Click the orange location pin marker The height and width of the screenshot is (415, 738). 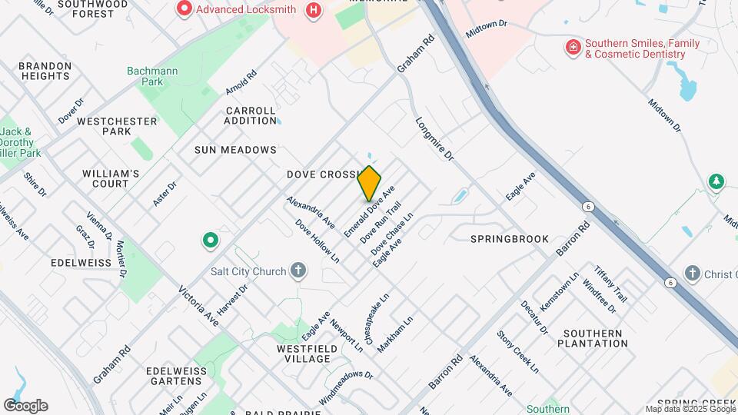point(370,183)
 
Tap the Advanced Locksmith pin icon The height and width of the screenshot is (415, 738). point(184,9)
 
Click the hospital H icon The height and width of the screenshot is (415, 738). point(313,10)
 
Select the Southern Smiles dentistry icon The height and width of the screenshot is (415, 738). point(573,48)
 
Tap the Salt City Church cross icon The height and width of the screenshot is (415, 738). point(298,271)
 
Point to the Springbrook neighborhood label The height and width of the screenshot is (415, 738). point(510,239)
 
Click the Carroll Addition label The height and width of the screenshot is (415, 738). point(251,115)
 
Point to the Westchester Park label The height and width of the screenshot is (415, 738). point(117,126)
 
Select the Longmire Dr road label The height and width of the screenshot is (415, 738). point(435,139)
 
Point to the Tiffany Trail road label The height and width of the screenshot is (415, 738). point(611,284)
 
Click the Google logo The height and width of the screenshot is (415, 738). point(25,406)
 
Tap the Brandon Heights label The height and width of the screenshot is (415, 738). point(45,71)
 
